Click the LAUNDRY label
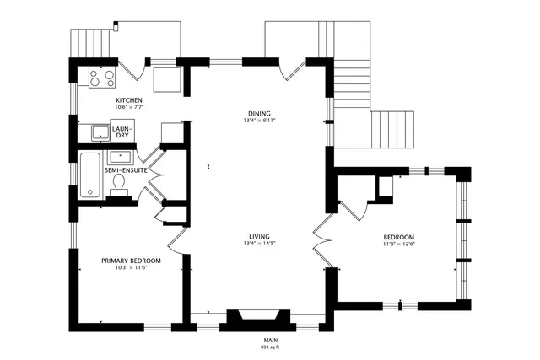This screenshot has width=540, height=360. click(x=122, y=132)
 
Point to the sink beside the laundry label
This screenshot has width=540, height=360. click(x=100, y=132)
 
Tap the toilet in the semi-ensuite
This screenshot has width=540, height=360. click(x=119, y=183)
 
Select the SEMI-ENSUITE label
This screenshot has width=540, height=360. click(x=127, y=169)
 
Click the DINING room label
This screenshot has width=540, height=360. click(x=259, y=113)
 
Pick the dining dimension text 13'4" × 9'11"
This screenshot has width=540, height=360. click(x=259, y=121)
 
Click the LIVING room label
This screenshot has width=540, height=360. click(x=259, y=236)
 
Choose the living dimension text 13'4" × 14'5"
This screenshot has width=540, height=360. click(x=259, y=244)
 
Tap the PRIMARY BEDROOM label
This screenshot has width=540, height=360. click(x=131, y=261)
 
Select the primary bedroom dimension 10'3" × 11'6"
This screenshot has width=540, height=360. click(x=131, y=268)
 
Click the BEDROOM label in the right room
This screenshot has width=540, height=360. click(x=399, y=237)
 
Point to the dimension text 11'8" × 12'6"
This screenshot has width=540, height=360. click(x=399, y=244)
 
